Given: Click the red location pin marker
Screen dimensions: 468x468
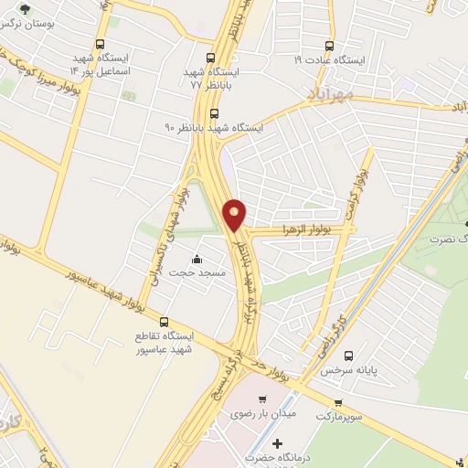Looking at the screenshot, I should coord(235,214).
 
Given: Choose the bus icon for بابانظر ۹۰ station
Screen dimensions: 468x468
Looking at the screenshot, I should coord(214,113).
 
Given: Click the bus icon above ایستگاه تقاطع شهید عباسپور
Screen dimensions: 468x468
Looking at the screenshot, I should coord(164,322).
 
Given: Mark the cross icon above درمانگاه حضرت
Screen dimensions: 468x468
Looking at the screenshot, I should coord(278,443).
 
